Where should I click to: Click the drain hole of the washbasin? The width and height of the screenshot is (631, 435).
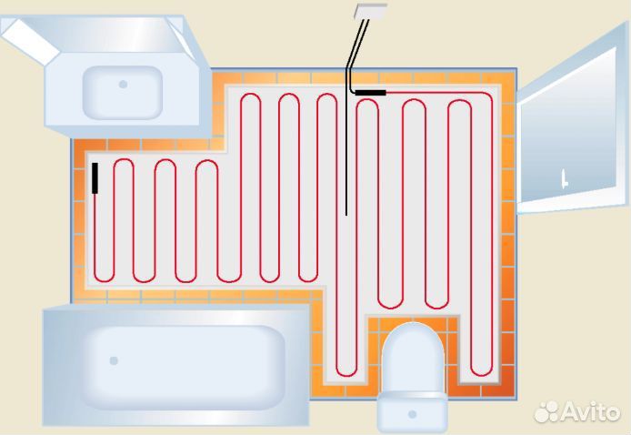tap(123, 84)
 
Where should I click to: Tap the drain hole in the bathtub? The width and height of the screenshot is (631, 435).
tap(114, 360)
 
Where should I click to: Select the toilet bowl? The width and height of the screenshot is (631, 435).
tap(412, 359)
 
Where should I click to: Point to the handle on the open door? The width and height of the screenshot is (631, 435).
tap(564, 176)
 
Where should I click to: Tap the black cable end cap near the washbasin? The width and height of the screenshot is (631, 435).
tap(95, 177)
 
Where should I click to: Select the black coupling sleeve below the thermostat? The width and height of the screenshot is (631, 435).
tap(370, 92)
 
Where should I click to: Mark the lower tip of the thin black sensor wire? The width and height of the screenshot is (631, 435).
tap(346, 215)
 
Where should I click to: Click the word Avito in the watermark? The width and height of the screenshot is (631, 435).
tap(592, 412)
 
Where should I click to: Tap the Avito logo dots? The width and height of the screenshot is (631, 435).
tap(546, 411)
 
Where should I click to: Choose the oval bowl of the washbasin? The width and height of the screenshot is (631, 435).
tap(123, 86)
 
